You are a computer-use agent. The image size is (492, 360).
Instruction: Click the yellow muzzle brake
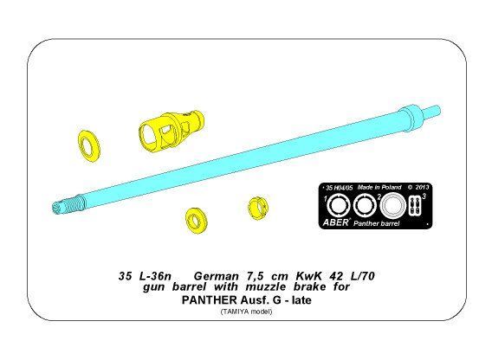171,129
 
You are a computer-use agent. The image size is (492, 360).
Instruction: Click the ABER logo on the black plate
336,222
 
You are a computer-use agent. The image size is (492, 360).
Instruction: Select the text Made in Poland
379,187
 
